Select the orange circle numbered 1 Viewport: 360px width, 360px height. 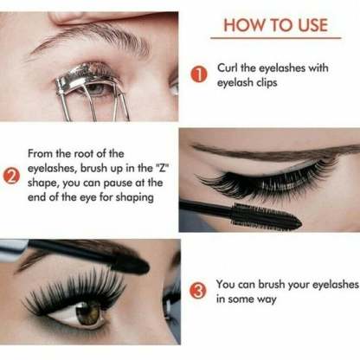(x=198, y=76)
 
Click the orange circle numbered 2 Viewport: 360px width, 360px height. (x=12, y=179)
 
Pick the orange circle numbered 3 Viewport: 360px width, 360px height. (x=198, y=291)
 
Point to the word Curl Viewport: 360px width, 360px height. (x=228, y=69)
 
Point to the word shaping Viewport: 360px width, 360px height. (x=133, y=196)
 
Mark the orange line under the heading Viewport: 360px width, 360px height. (x=276, y=40)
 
